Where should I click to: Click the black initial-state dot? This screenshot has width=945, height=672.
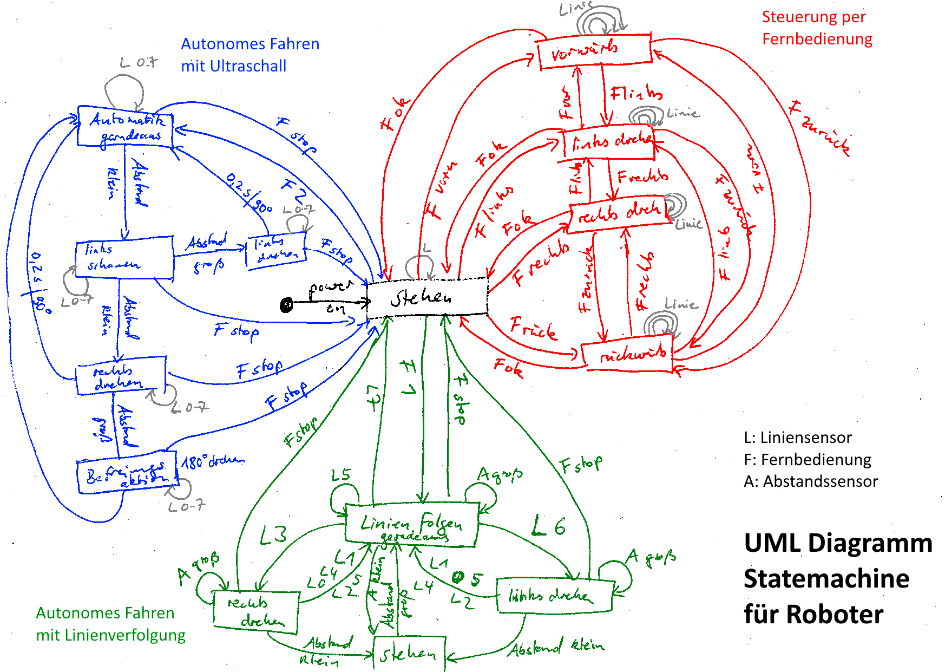(287, 305)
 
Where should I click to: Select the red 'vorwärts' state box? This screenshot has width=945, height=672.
(594, 51)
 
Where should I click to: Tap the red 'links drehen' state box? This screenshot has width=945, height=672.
(608, 144)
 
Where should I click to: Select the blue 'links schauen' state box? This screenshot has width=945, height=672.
(124, 259)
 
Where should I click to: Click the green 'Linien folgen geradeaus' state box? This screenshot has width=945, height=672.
(411, 524)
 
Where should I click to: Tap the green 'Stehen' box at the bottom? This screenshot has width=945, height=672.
(409, 654)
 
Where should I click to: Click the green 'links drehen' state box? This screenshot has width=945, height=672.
(555, 596)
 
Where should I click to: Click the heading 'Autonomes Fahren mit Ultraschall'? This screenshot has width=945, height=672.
(250, 55)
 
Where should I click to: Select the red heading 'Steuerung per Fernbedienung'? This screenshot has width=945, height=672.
(816, 28)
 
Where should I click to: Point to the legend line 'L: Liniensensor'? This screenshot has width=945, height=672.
(797, 438)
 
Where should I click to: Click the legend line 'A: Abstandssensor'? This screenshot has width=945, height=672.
(810, 481)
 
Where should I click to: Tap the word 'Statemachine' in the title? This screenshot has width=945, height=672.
(826, 578)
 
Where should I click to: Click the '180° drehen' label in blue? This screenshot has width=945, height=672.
(213, 461)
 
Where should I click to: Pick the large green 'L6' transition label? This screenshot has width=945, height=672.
(548, 526)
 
